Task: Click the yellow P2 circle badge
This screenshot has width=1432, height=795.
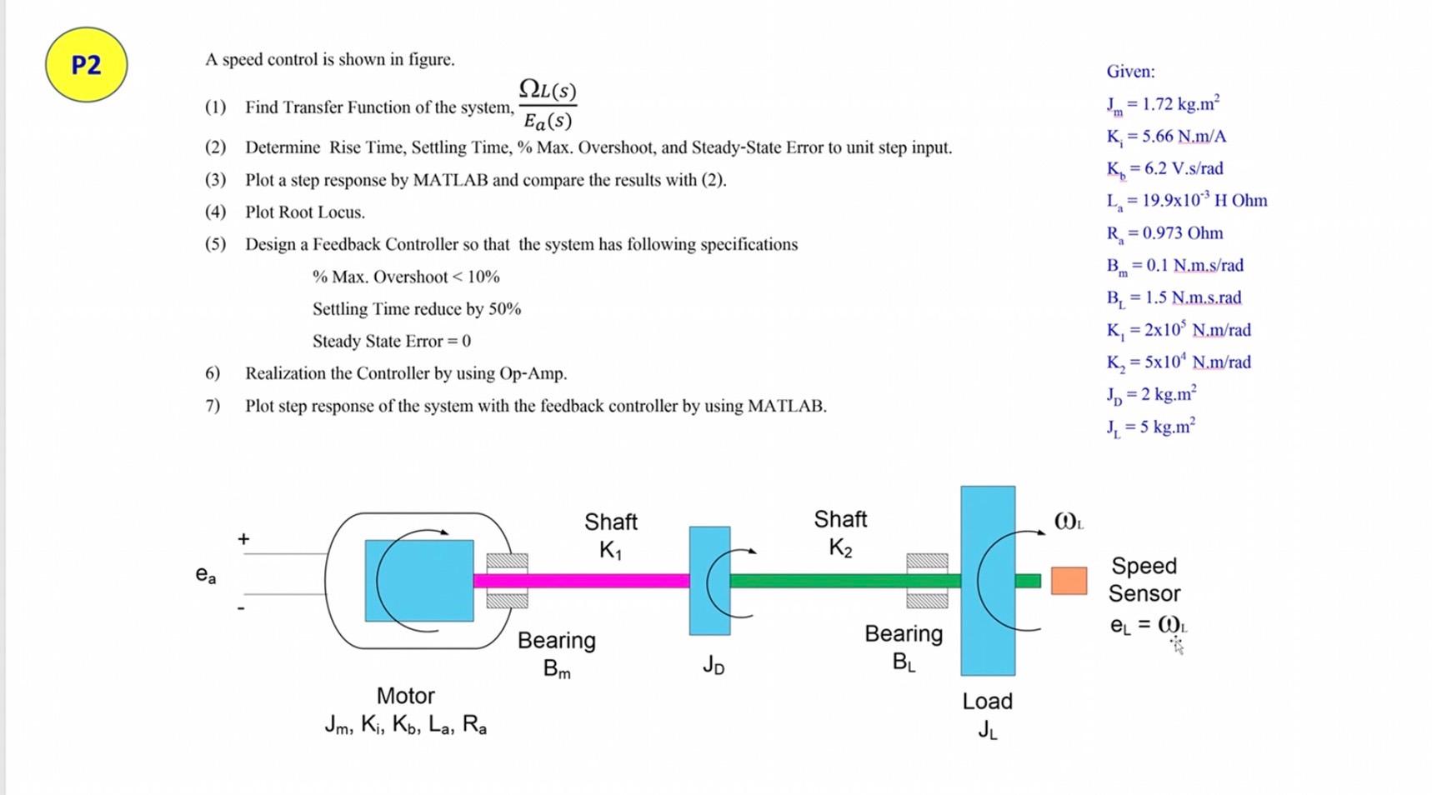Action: [86, 65]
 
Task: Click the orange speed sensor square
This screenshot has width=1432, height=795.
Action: [1069, 581]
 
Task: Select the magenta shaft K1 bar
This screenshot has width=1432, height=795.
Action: [583, 581]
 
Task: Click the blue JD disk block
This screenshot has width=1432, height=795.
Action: [709, 580]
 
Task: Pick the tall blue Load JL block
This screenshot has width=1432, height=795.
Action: [988, 581]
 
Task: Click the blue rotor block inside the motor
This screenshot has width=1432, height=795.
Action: [418, 580]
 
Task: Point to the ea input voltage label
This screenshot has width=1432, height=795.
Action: [205, 574]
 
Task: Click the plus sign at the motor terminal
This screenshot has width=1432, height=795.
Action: [243, 539]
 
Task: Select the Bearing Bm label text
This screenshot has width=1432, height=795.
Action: [556, 653]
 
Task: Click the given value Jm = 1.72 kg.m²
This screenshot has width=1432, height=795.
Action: [1163, 104]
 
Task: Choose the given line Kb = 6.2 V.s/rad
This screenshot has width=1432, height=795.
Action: [1164, 169]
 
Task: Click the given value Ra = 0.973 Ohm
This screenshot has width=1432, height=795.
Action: [1164, 233]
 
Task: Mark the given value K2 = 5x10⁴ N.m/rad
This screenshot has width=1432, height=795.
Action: [1179, 362]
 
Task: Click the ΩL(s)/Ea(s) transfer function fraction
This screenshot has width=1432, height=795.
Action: [548, 105]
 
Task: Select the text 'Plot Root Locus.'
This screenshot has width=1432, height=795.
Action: [304, 212]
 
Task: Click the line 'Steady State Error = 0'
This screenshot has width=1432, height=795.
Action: [391, 342]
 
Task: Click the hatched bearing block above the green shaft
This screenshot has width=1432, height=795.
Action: [927, 561]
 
